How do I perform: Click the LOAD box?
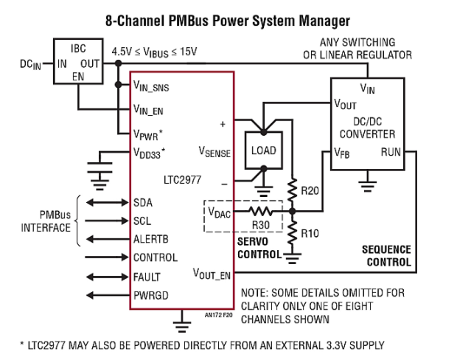tap(262, 150)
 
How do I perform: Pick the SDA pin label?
tap(144, 202)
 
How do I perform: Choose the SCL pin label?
tap(144, 221)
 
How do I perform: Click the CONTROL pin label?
tap(156, 257)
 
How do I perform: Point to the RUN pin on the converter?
tap(390, 153)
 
